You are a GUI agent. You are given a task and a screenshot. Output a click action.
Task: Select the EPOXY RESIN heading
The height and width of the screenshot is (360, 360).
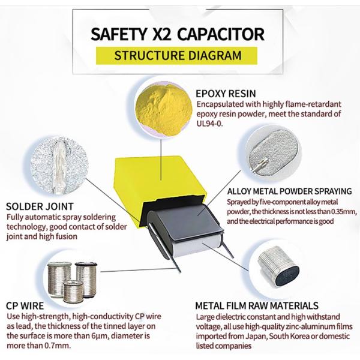pyautogui.click(x=226, y=94)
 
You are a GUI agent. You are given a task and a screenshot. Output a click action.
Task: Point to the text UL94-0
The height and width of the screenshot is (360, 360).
pyautogui.click(x=211, y=124)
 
